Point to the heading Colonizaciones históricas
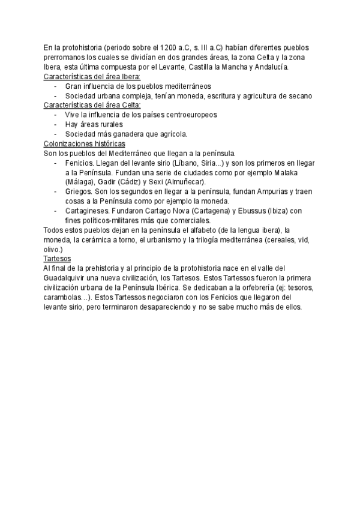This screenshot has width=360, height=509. point(85,143)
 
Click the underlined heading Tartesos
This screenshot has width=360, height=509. point(58,258)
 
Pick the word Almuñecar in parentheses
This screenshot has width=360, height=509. point(185,182)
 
